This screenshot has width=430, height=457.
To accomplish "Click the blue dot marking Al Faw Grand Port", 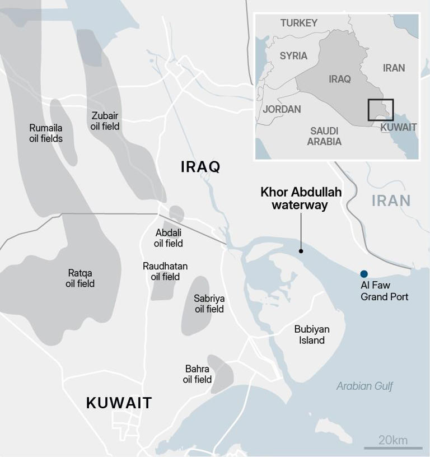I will [364, 274].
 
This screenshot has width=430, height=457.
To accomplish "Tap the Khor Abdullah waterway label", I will [301, 199].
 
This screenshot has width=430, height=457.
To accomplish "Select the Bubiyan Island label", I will [312, 334].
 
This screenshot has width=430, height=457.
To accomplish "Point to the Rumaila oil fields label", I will [46, 133].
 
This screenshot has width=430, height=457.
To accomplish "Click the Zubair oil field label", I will [105, 121].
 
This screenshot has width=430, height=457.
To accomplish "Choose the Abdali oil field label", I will [169, 238].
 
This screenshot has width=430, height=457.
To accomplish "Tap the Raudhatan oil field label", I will [165, 271].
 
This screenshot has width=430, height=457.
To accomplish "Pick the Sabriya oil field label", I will [209, 304].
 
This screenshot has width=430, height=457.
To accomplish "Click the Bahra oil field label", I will [197, 374].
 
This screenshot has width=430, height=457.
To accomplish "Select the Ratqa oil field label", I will [80, 278].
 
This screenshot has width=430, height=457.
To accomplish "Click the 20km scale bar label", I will [393, 440].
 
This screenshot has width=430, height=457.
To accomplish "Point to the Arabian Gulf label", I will [364, 386].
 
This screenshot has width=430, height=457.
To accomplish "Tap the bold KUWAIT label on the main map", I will [119, 403].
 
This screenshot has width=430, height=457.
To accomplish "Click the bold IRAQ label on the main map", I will [200, 166].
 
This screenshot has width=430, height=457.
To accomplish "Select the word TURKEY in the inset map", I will [299, 23].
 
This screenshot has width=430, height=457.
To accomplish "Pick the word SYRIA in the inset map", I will [293, 55].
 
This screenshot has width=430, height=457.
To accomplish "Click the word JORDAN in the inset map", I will [282, 109].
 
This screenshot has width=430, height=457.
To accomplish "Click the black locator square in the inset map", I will [381, 110].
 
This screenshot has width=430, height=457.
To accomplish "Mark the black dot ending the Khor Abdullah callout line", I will [301, 251].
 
